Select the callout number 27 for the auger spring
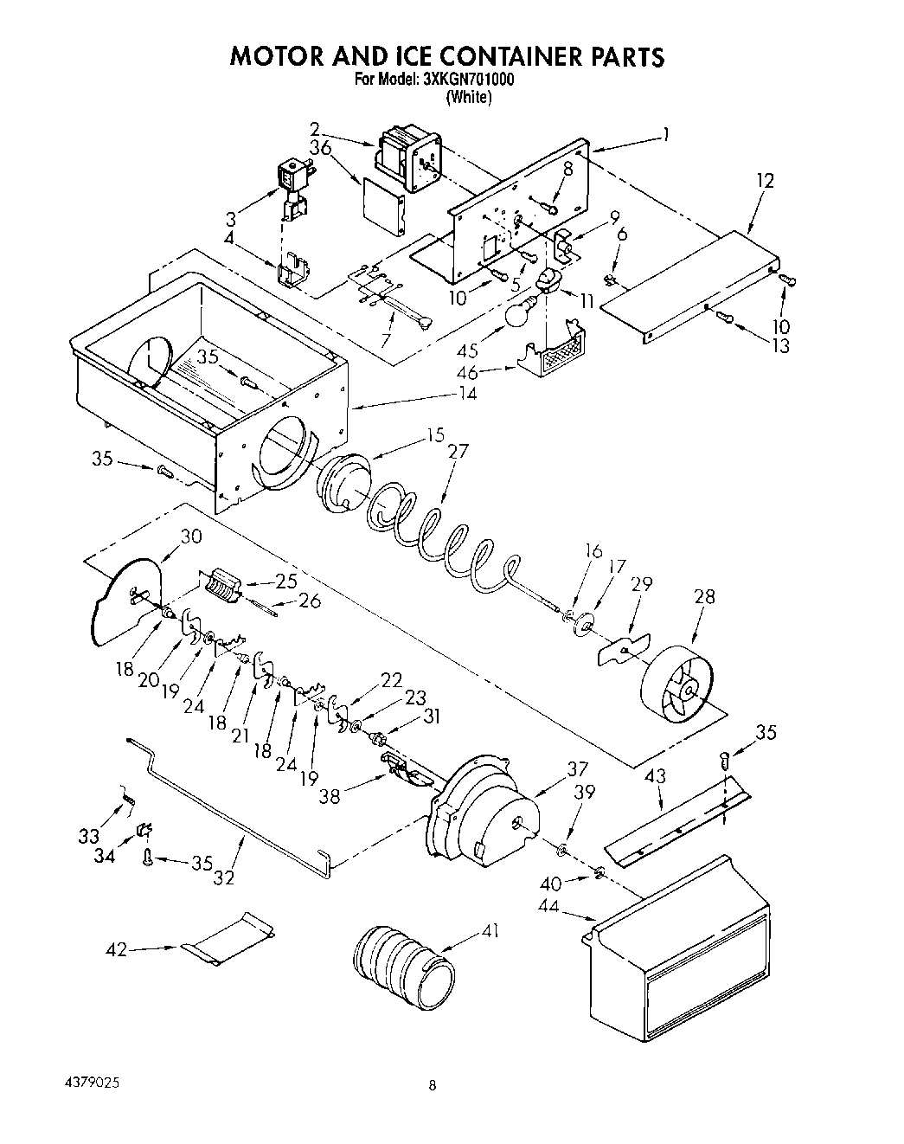pyautogui.click(x=458, y=451)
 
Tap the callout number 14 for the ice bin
pyautogui.click(x=467, y=394)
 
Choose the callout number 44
pyautogui.click(x=573, y=909)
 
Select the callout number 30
pyautogui.click(x=190, y=537)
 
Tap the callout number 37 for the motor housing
pyautogui.click(x=577, y=768)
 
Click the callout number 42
pyautogui.click(x=116, y=950)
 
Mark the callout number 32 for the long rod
pyautogui.click(x=224, y=877)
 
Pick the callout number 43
pyautogui.click(x=655, y=777)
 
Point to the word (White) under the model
pyautogui.click(x=469, y=98)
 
